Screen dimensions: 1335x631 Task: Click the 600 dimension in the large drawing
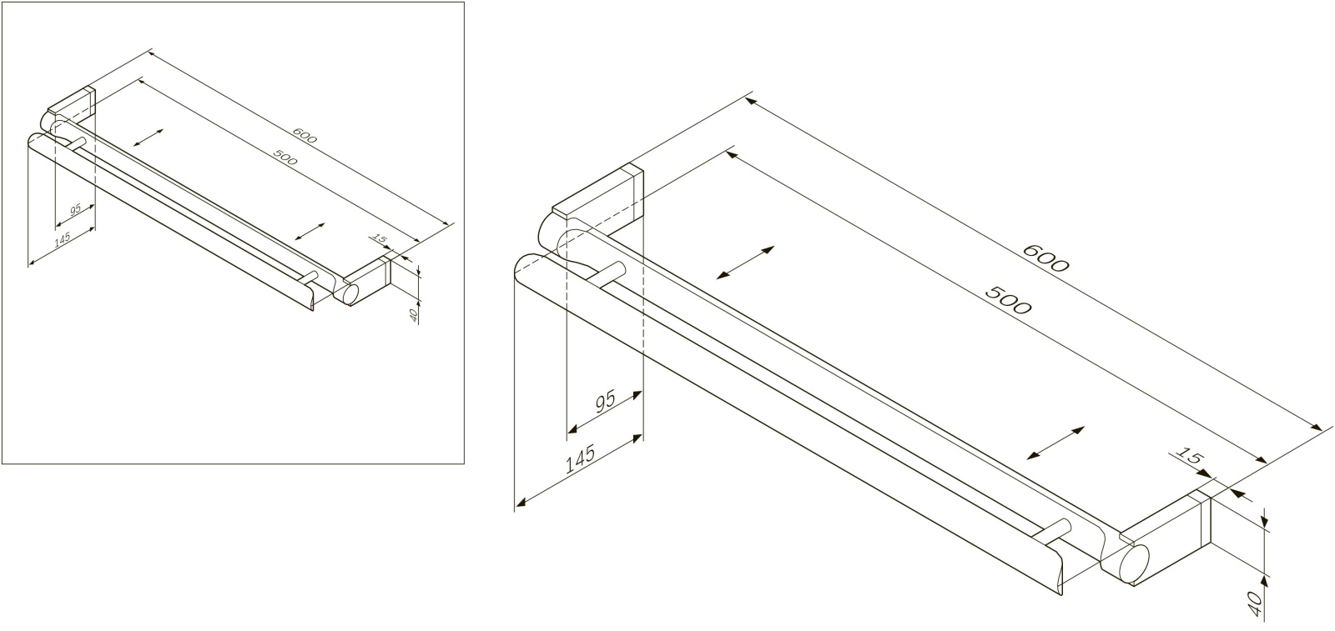click(x=1046, y=258)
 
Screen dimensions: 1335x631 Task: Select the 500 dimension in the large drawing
click(x=1007, y=300)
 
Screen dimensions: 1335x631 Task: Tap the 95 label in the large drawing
click(x=605, y=402)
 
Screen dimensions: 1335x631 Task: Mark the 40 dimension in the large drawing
click(x=1254, y=604)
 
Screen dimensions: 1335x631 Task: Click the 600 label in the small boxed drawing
click(x=305, y=137)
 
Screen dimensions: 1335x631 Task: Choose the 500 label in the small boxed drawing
click(x=285, y=158)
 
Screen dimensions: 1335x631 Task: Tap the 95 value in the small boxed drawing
click(x=75, y=209)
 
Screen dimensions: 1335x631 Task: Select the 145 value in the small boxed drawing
click(x=62, y=238)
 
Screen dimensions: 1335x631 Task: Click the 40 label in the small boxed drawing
click(x=414, y=315)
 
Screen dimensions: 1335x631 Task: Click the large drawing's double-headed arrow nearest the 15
click(x=1055, y=443)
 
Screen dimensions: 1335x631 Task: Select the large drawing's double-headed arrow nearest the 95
click(x=745, y=263)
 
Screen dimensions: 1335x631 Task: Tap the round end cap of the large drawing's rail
click(x=1133, y=563)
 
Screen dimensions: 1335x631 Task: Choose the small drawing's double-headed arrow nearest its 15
click(x=310, y=232)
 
